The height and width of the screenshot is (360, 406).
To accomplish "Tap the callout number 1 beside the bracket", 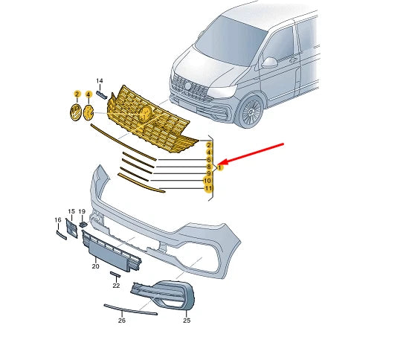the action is (220, 167).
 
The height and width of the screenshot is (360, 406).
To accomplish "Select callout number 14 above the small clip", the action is (100, 81).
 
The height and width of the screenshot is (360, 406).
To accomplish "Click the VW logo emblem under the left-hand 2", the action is (76, 112).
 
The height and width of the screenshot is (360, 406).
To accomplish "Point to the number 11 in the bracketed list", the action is (208, 188).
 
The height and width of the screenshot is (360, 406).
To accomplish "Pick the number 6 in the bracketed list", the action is (209, 160).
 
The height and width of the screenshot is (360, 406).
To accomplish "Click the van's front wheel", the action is (251, 112).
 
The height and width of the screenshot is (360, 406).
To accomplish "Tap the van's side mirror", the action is (269, 62).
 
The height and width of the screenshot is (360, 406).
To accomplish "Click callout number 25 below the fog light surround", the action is (187, 321).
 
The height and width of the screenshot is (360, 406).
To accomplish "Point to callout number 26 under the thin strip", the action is (122, 321).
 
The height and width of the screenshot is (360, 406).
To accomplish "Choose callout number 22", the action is (116, 286).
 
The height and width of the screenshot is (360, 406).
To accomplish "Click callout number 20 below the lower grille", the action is (95, 266).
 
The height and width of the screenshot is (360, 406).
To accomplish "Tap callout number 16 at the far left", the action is (58, 220).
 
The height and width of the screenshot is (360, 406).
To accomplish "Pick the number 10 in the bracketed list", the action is (207, 181).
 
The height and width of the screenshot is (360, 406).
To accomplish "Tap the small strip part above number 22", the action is (115, 274).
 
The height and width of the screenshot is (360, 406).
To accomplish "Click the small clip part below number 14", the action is (101, 94).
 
